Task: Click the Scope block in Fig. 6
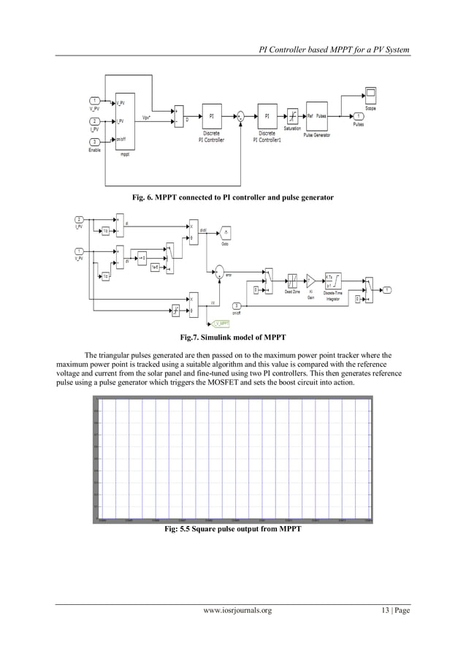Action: tap(370, 95)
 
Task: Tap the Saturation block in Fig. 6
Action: tap(292, 115)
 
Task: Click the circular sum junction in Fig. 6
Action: tap(240, 115)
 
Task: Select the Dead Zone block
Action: tap(291, 280)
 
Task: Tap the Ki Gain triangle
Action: tap(310, 280)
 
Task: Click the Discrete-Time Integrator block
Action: tap(332, 280)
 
